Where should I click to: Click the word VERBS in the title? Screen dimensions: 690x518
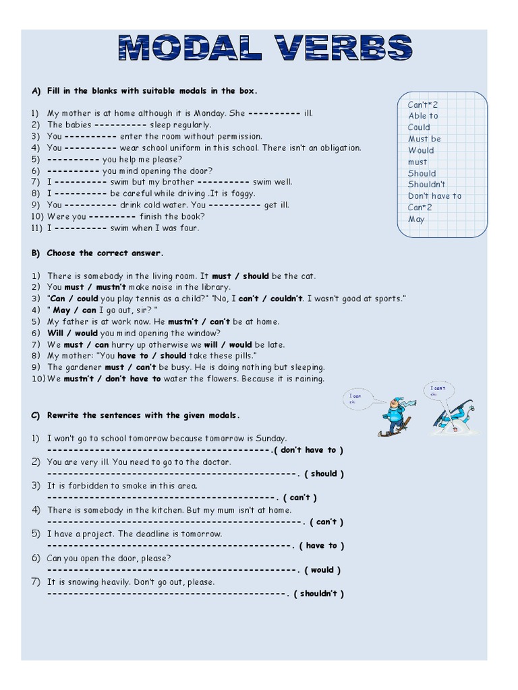(340, 49)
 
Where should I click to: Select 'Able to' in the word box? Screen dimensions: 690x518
(423, 116)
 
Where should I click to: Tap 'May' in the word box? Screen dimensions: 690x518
(416, 219)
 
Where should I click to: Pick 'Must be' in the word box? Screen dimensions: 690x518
(424, 139)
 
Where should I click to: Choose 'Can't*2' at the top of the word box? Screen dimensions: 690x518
(423, 104)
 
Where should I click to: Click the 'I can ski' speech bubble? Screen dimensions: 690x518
(356, 399)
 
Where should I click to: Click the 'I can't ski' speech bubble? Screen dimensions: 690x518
(438, 390)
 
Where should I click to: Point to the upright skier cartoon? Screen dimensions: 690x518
(394, 416)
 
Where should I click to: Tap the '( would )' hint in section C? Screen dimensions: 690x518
(322, 570)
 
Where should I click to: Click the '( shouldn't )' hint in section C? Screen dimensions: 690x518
(319, 594)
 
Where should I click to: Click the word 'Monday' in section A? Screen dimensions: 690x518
(208, 113)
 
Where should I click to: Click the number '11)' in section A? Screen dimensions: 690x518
(37, 228)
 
